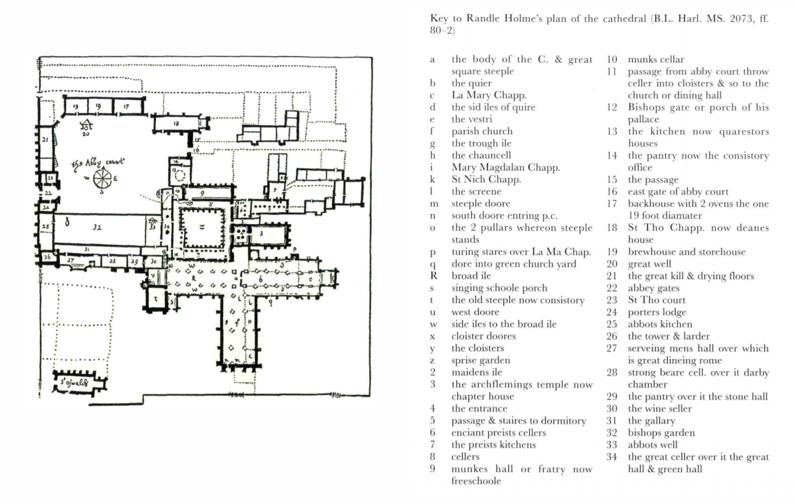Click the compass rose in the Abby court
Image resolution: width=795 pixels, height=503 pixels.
click(102, 179)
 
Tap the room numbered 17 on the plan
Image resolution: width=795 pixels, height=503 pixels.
click(126, 106)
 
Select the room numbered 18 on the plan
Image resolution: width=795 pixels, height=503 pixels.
click(176, 123)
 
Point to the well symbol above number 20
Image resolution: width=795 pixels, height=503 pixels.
click(86, 124)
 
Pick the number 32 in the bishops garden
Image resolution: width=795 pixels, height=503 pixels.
click(96, 228)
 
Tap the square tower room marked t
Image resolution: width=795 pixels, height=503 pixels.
click(156, 298)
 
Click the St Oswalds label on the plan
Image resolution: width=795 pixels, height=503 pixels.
click(74, 383)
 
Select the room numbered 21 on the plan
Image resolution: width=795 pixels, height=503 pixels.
click(45, 140)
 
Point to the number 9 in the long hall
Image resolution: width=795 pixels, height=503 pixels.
click(203, 193)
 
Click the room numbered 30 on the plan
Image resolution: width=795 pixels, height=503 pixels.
click(153, 261)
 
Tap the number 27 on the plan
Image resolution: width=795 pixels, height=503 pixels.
click(70, 260)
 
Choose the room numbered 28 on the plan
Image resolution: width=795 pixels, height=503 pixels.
click(112, 261)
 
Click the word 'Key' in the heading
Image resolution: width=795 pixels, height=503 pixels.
click(439, 19)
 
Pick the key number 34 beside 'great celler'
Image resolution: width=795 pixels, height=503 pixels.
click(612, 457)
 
